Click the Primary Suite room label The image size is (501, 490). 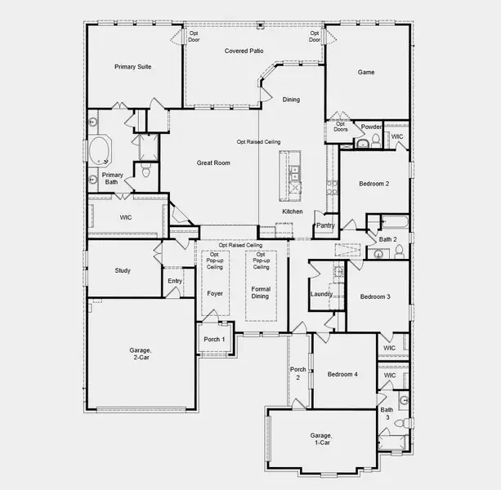[132, 67]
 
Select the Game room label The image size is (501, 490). [365, 72]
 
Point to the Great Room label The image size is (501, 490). [213, 163]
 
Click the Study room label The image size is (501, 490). [123, 270]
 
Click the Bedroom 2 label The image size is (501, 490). [374, 184]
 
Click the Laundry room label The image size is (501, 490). [320, 294]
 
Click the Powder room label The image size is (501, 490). [372, 127]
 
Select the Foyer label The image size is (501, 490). [214, 292]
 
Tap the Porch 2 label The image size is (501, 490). [297, 374]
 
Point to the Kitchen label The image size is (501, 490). [293, 212]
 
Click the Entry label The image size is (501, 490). [175, 281]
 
